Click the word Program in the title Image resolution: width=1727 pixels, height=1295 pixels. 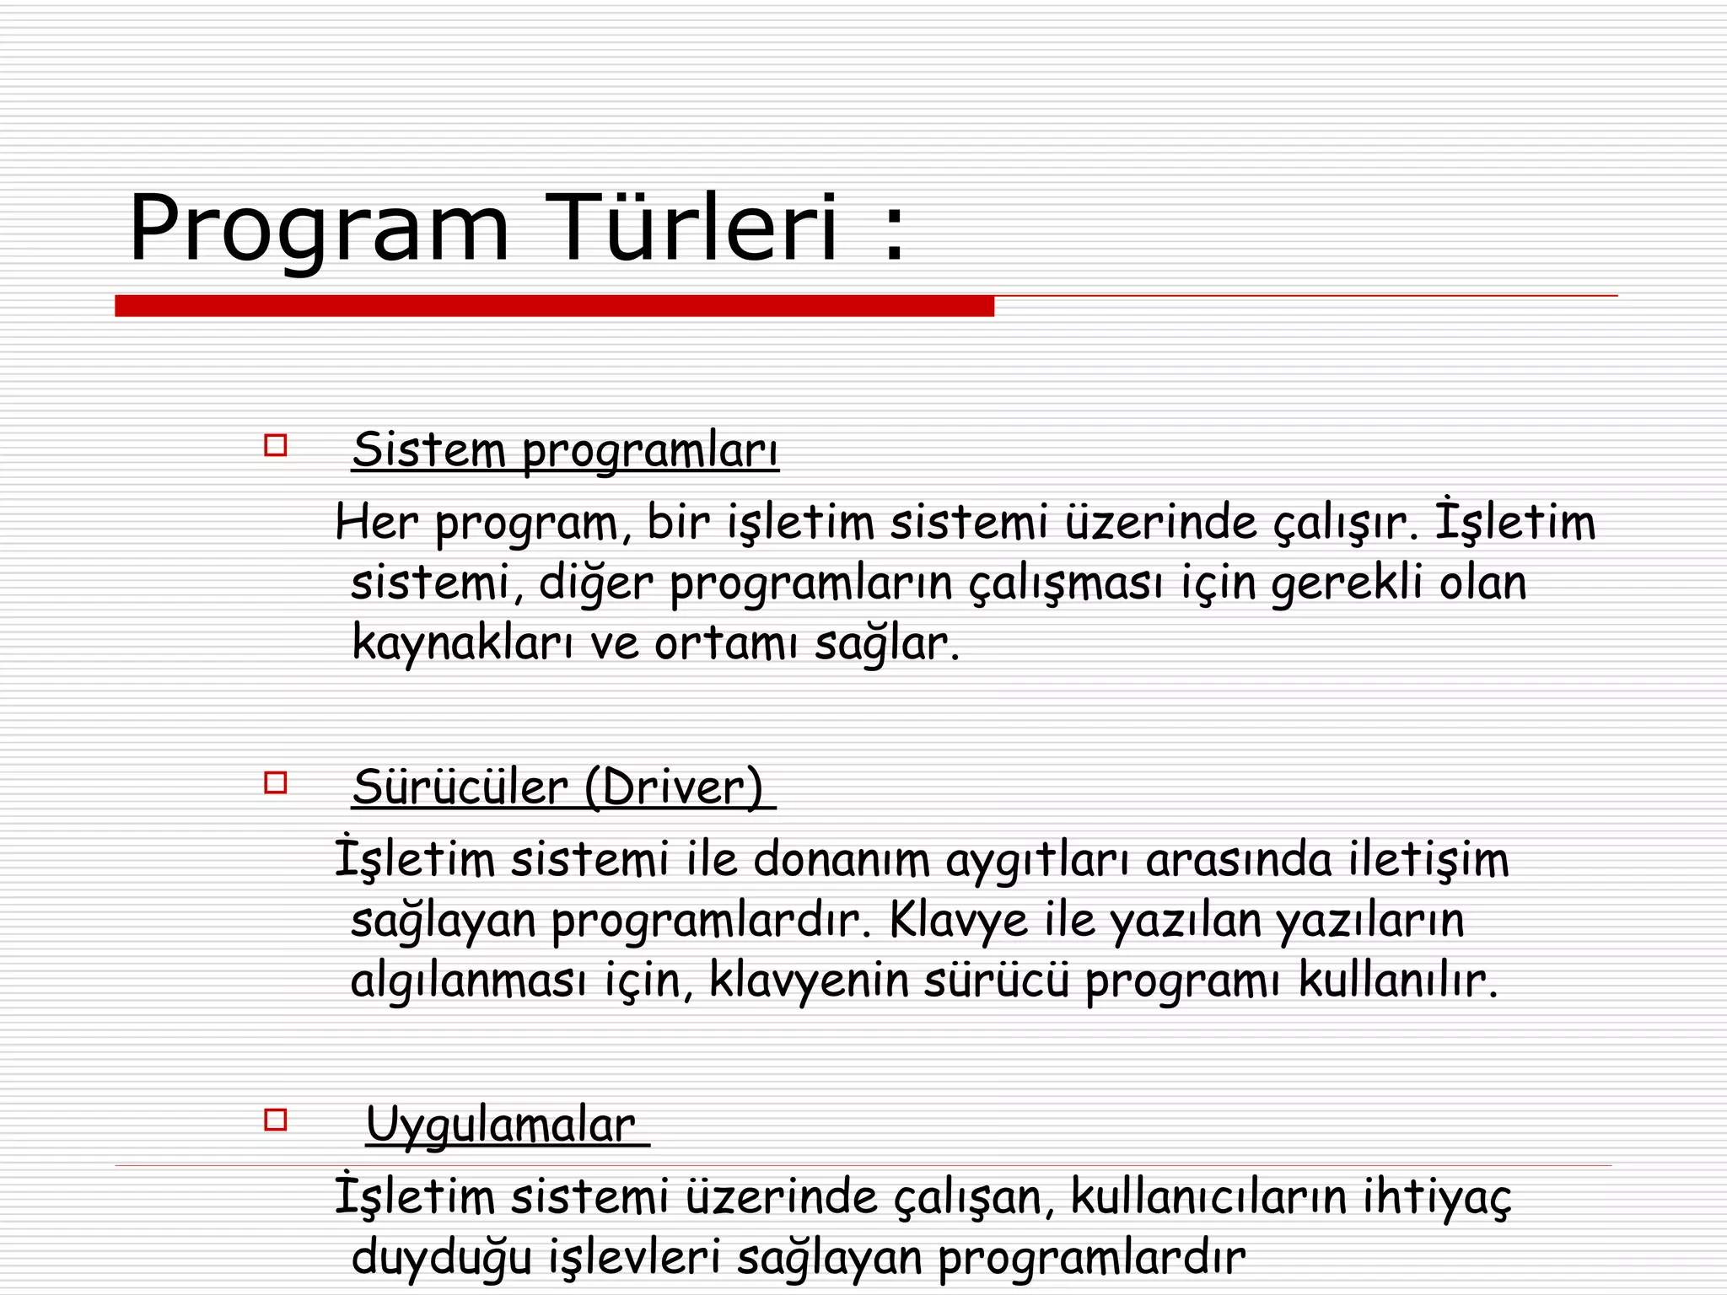319,229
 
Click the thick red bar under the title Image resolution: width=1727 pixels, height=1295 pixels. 554,306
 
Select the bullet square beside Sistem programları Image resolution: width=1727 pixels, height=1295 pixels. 276,445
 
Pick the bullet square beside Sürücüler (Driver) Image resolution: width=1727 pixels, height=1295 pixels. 276,783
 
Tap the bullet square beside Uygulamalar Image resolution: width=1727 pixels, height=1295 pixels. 276,1120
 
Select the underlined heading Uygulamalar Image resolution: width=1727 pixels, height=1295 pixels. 500,1125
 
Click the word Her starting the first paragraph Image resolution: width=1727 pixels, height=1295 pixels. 377,522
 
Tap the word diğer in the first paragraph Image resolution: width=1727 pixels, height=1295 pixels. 595,583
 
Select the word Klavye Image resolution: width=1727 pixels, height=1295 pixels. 958,920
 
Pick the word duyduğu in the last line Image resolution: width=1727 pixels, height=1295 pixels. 442,1258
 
